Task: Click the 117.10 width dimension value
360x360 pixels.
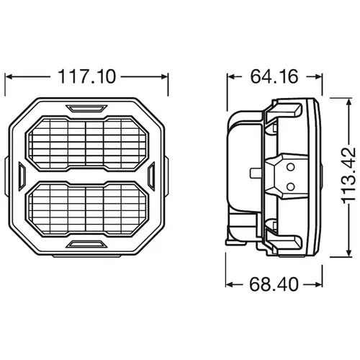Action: (x=87, y=76)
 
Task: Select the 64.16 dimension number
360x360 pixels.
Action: (x=274, y=76)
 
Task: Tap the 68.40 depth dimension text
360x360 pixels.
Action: (x=274, y=284)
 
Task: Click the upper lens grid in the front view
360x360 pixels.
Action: (x=87, y=143)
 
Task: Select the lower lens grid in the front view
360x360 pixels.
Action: (x=87, y=209)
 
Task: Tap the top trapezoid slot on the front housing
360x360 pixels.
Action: (x=86, y=109)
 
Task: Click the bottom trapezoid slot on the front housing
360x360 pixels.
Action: (x=86, y=244)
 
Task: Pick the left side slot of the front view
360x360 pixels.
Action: (x=22, y=176)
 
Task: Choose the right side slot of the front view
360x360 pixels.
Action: (x=151, y=176)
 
